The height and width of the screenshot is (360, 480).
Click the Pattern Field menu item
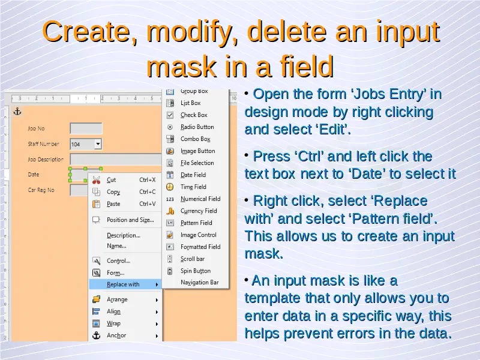click(196, 223)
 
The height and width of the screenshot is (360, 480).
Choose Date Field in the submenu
click(193, 175)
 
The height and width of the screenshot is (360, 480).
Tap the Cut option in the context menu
click(111, 180)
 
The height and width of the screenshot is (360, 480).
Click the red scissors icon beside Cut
click(96, 180)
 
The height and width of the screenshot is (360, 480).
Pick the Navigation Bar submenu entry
click(200, 283)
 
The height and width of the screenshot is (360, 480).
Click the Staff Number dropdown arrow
click(98, 143)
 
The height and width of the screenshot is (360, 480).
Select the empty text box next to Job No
click(86, 128)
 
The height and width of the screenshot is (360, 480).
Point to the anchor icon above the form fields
click(17, 112)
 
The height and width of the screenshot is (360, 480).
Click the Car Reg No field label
click(41, 190)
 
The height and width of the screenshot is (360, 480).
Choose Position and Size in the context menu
click(130, 220)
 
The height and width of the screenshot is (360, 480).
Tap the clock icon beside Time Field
click(170, 187)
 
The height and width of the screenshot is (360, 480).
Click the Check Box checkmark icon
click(170, 115)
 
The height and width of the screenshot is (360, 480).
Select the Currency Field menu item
click(199, 211)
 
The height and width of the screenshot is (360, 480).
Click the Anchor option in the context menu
click(116, 335)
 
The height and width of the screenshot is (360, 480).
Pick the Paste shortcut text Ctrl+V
click(148, 204)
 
